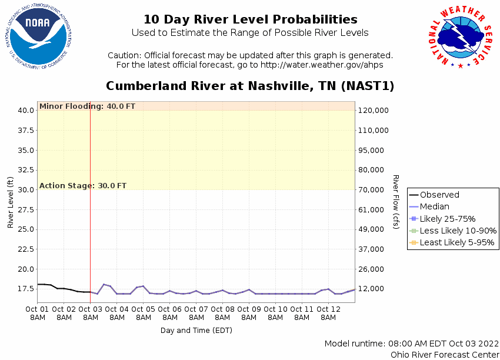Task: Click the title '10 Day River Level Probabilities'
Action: tap(250, 19)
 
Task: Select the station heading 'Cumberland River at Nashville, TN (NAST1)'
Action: tap(250, 86)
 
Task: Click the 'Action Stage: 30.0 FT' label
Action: tap(83, 186)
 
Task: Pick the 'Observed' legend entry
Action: tap(439, 195)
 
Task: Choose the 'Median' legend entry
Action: tap(434, 206)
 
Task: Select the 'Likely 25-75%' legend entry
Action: tap(447, 219)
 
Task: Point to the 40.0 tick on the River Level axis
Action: tap(25, 110)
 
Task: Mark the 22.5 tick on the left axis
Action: tap(25, 249)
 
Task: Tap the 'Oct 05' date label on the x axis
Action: tap(143, 309)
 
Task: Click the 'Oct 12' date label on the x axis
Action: tap(328, 309)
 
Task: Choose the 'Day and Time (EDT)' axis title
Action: tap(196, 330)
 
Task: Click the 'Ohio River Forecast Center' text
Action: tap(445, 354)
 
